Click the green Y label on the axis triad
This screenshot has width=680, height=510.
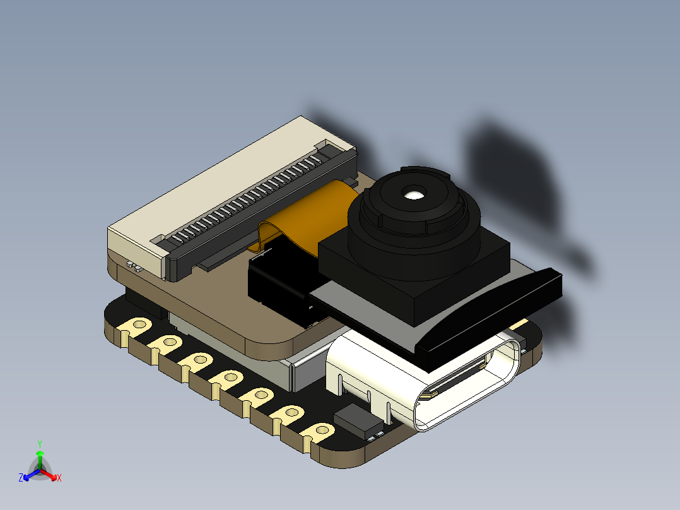click(x=39, y=444)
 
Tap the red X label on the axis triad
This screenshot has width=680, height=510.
click(x=59, y=478)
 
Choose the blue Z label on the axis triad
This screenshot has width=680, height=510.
click(x=21, y=478)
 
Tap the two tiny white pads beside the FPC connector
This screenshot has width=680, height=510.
click(x=132, y=266)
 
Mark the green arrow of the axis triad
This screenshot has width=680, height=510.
click(x=40, y=458)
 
